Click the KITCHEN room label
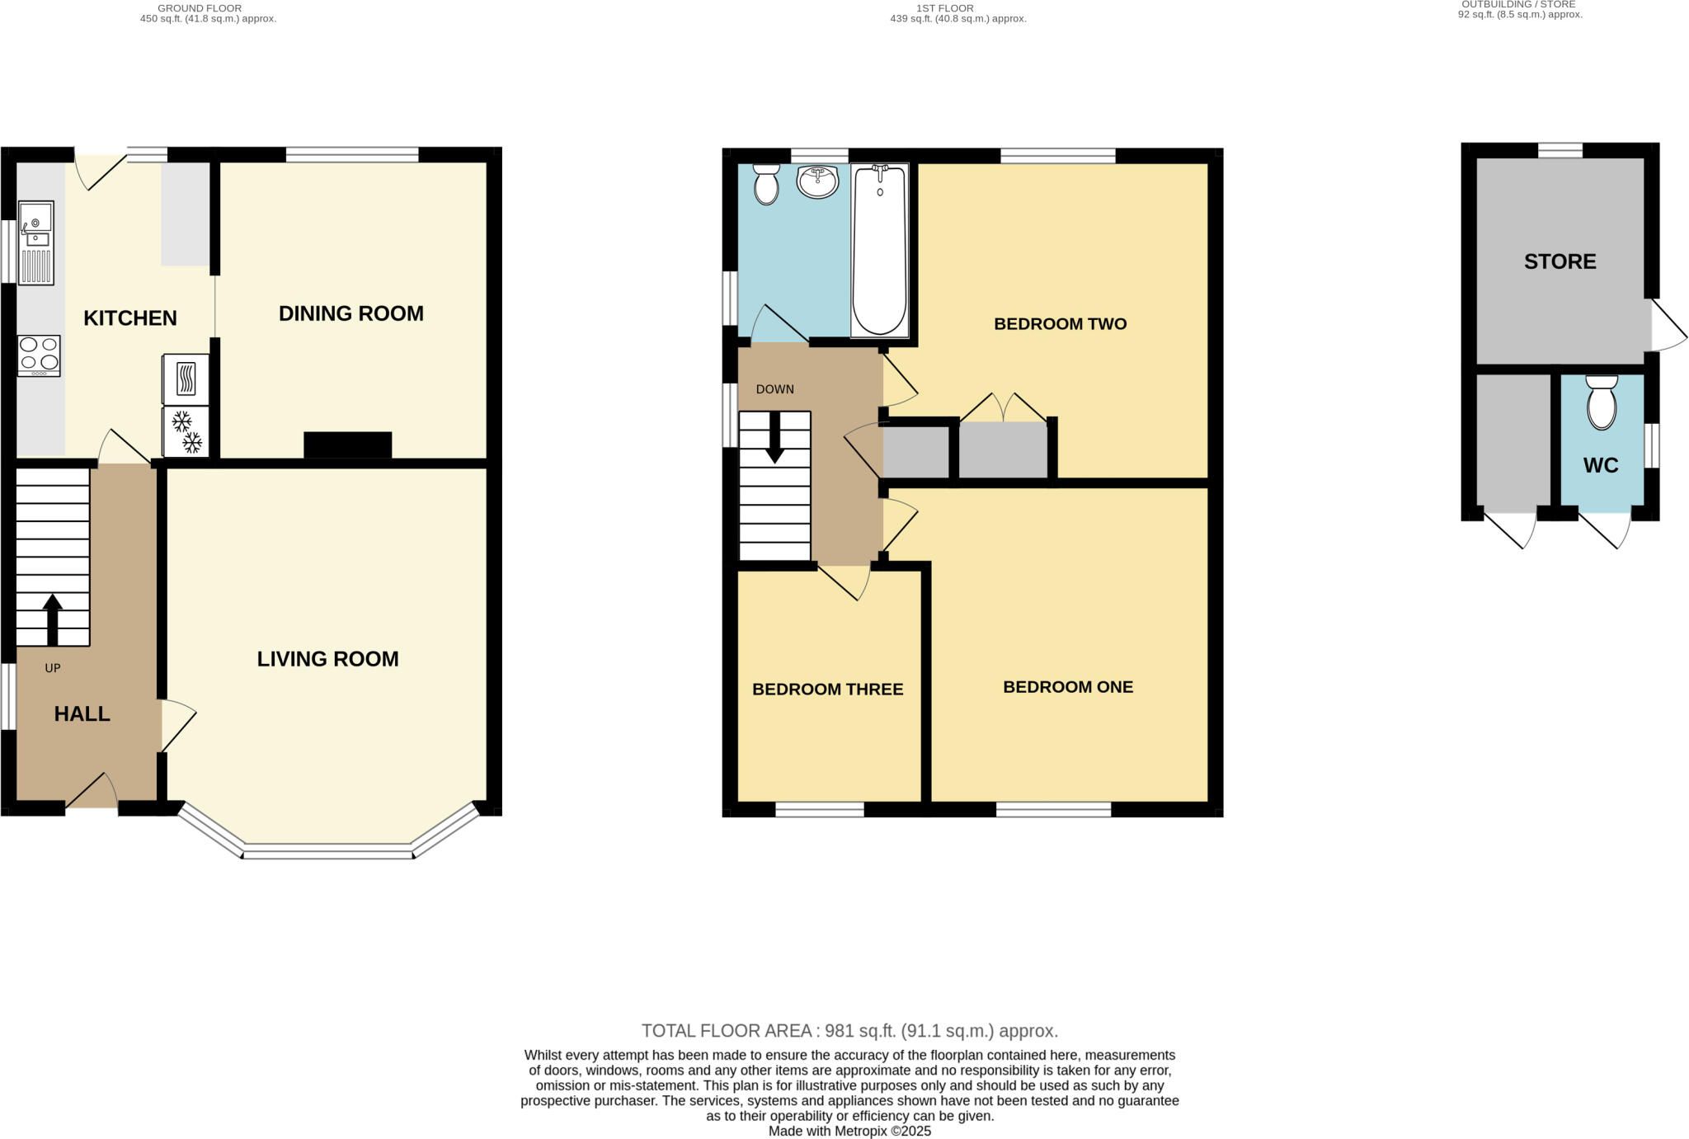point(130,318)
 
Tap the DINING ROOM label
point(351,313)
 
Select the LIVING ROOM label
point(327,659)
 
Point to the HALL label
point(82,714)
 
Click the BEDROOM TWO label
point(1061,324)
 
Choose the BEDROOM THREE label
point(828,690)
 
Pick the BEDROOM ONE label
point(1068,687)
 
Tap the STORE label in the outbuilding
point(1560,261)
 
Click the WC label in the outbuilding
point(1601,465)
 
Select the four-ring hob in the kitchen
point(39,356)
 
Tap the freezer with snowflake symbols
point(186,431)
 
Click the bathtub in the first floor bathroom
point(880,250)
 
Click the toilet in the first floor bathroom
point(766,184)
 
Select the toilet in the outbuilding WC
point(1602,402)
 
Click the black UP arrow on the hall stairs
point(53,620)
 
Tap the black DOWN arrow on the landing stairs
point(775,437)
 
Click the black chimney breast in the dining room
point(348,445)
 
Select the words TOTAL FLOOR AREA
point(728,1031)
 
